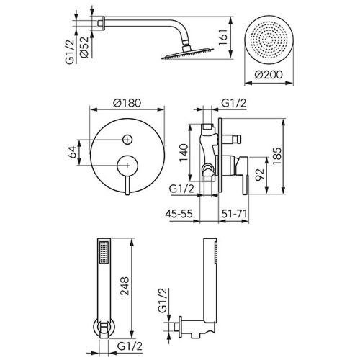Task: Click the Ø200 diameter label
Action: [269, 75]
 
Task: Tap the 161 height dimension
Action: [223, 37]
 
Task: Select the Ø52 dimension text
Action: [84, 48]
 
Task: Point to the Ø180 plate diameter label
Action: [127, 103]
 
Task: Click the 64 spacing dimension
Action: [72, 152]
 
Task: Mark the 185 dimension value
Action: [276, 156]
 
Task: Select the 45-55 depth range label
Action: [179, 214]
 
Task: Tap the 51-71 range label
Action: [234, 214]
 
